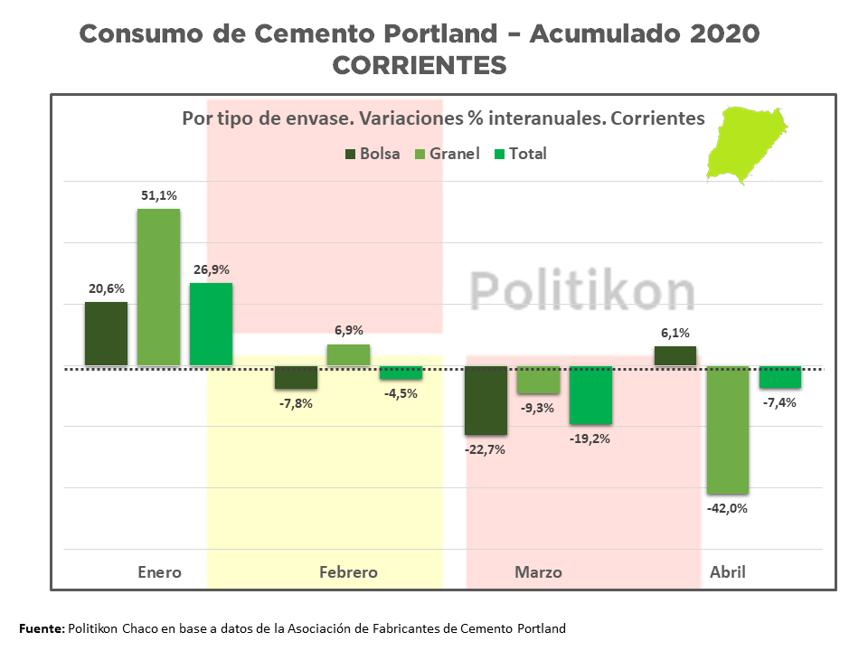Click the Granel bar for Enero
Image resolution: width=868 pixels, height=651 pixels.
(x=158, y=288)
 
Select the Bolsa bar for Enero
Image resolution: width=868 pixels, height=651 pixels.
(x=106, y=334)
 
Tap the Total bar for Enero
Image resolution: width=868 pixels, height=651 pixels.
(x=211, y=325)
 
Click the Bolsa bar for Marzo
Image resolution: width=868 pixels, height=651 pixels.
(x=486, y=401)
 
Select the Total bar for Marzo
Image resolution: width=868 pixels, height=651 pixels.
(x=590, y=395)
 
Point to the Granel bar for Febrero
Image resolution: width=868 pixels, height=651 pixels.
(x=348, y=355)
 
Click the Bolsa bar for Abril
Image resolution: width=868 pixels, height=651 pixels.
(x=675, y=356)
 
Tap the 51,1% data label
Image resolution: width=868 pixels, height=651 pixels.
(x=158, y=195)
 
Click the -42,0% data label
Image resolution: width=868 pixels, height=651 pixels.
(x=728, y=508)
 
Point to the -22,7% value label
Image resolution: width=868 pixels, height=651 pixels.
(x=486, y=449)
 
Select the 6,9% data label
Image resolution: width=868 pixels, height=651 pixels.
(x=348, y=331)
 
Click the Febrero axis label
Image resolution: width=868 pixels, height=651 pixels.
(x=348, y=572)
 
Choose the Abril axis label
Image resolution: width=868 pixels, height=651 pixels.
(x=728, y=572)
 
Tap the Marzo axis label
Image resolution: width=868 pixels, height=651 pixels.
(x=538, y=572)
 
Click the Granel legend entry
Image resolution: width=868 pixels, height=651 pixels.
(x=447, y=154)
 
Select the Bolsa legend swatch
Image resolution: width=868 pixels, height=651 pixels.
(x=349, y=154)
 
